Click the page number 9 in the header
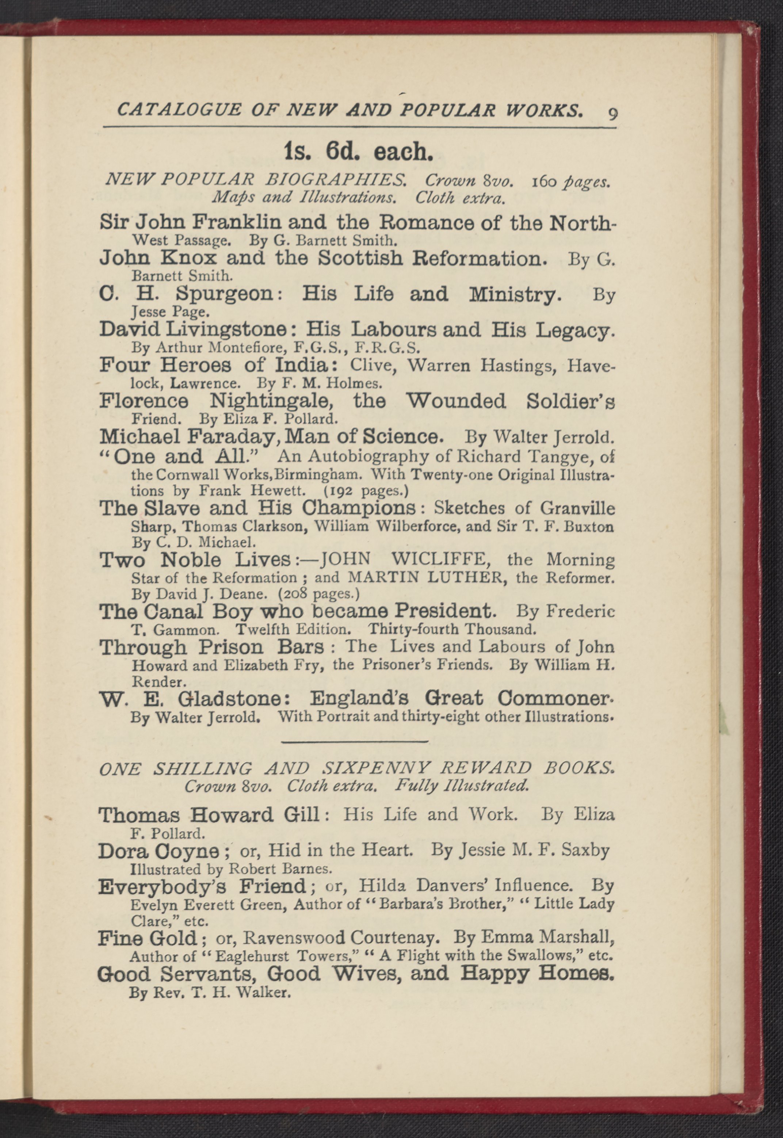click(613, 114)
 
